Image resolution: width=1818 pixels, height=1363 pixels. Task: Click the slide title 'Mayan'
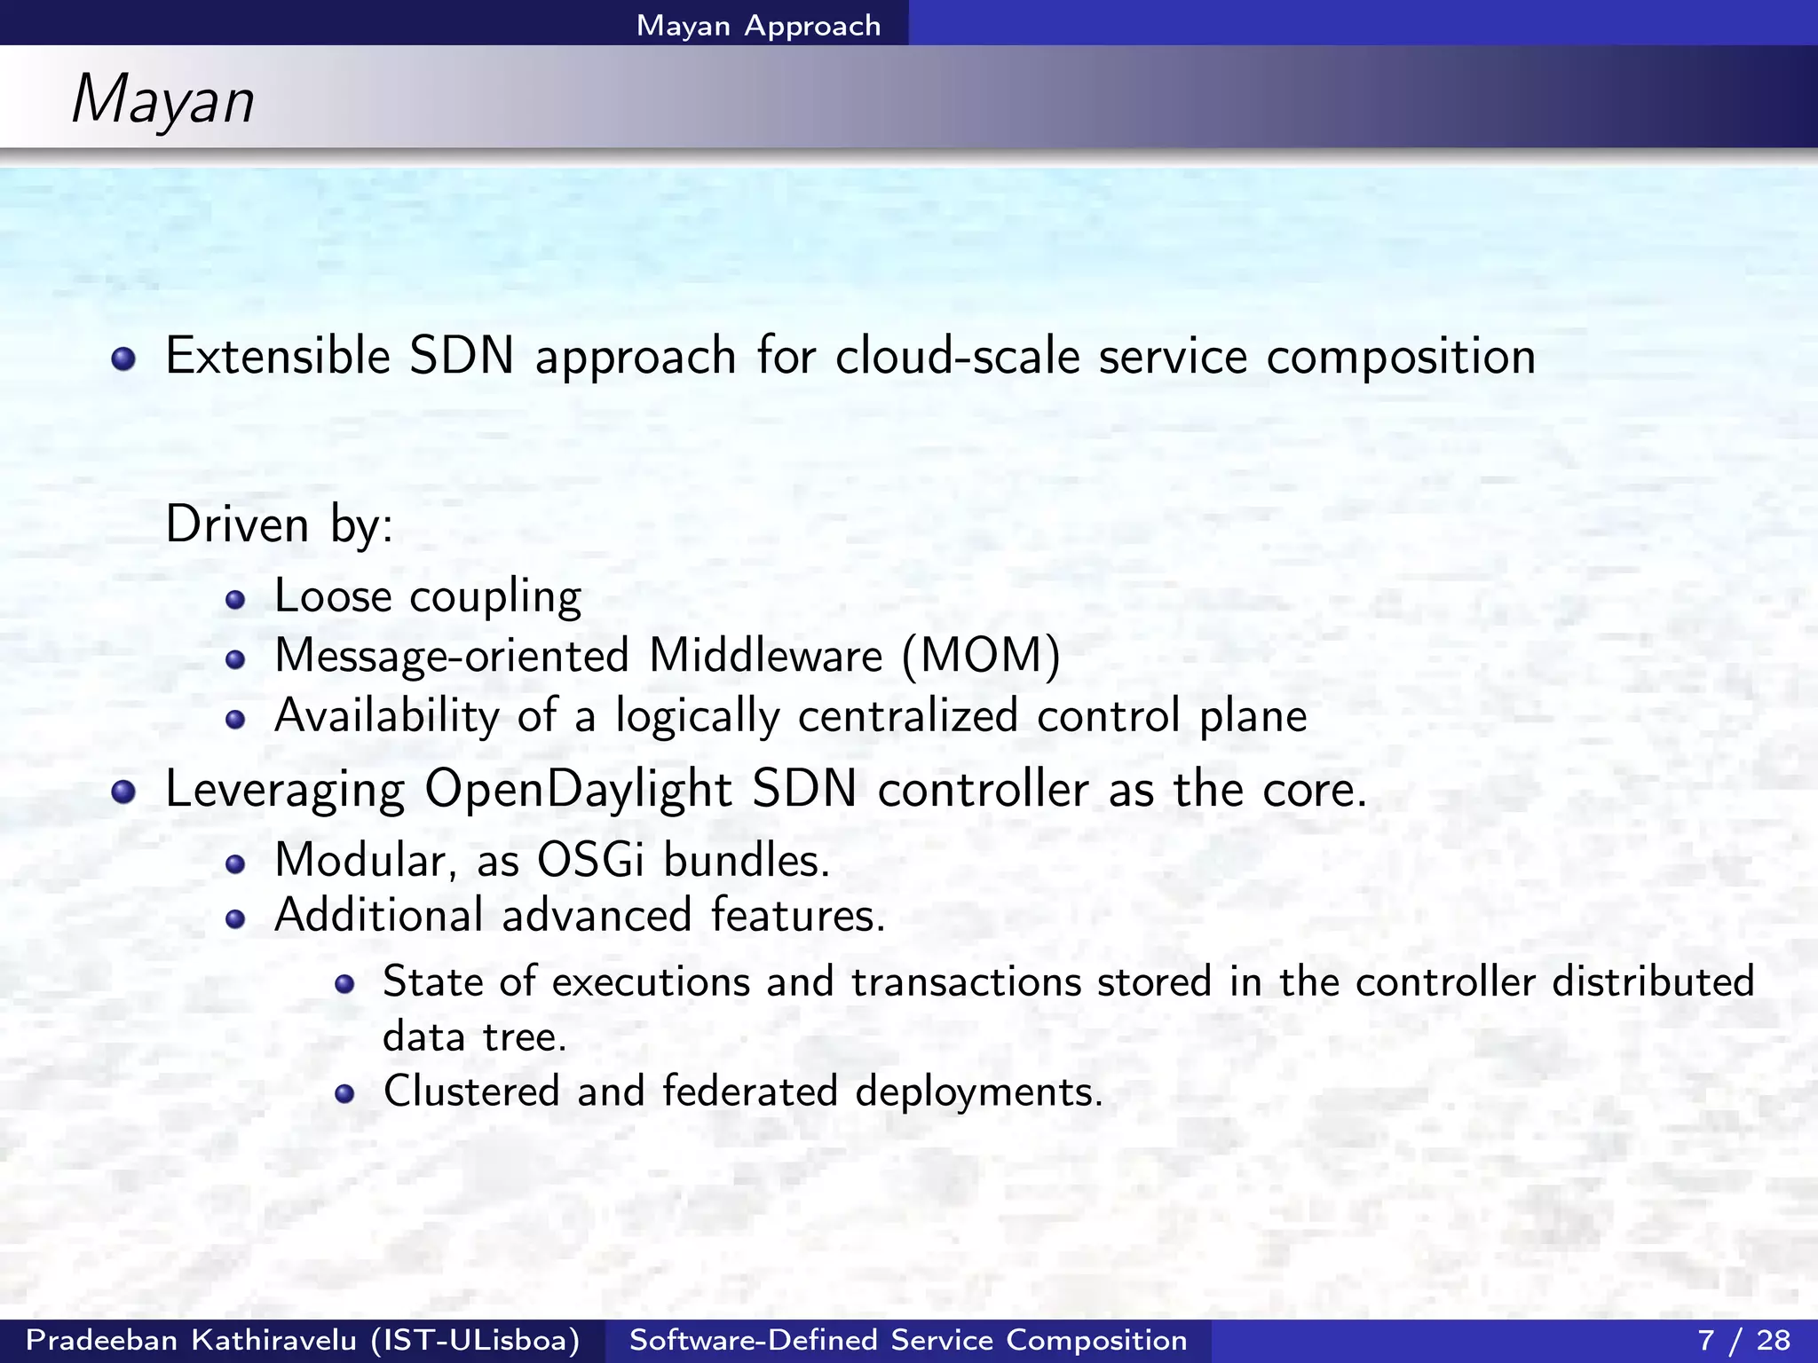(162, 99)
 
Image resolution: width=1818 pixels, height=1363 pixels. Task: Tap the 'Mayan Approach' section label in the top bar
(758, 25)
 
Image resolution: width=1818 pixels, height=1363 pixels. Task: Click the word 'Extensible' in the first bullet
(278, 356)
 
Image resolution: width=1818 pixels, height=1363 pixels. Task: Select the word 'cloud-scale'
(956, 356)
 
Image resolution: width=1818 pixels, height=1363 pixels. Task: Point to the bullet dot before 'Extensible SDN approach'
(123, 358)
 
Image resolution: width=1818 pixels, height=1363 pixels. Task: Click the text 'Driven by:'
(279, 524)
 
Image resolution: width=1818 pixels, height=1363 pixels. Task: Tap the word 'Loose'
(333, 595)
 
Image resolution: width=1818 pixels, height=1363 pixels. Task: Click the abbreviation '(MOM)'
(981, 656)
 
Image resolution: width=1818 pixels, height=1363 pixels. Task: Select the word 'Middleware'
(765, 656)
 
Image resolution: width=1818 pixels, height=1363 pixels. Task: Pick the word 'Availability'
(387, 716)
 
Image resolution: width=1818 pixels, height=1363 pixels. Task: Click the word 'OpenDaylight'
(578, 789)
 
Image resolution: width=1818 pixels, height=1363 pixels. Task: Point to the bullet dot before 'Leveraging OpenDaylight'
(123, 792)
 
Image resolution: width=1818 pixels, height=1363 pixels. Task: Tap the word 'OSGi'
(590, 860)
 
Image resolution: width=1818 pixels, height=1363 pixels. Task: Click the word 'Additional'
(379, 915)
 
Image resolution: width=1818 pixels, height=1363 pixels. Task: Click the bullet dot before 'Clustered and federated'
(344, 1093)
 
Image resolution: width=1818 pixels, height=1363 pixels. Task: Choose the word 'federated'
(750, 1091)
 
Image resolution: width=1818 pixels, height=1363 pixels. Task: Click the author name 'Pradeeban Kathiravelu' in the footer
(191, 1340)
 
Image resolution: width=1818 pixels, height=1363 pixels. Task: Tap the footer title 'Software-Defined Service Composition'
(908, 1340)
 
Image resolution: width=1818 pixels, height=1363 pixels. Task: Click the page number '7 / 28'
(1743, 1340)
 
